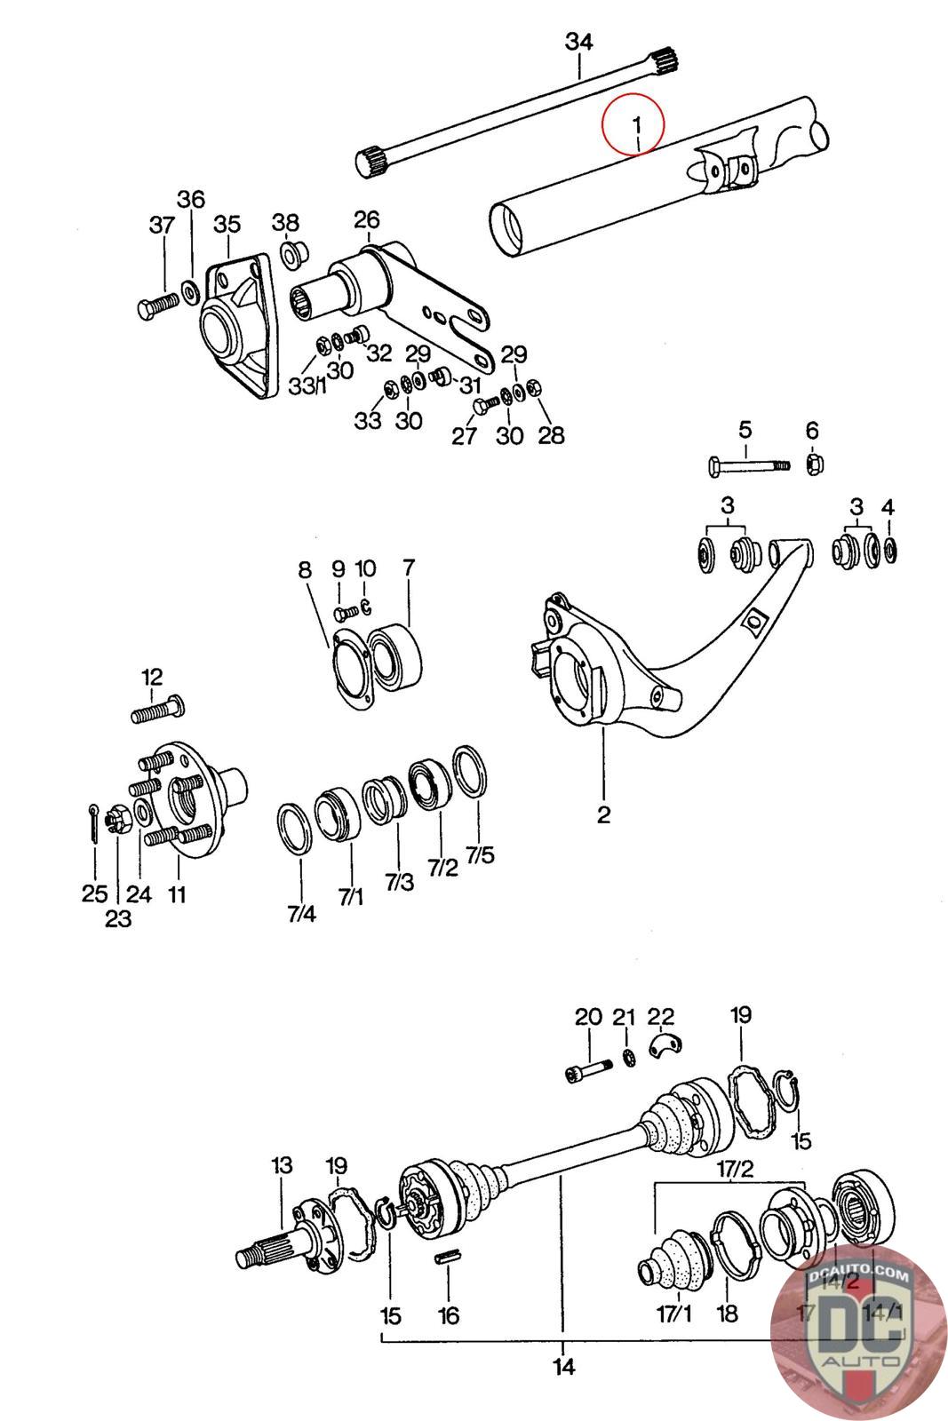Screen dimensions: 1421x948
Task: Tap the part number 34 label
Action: [x=579, y=42]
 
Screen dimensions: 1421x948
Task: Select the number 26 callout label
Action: [x=366, y=219]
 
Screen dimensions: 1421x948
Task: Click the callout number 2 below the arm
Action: [x=604, y=814]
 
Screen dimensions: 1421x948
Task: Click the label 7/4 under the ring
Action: [x=301, y=912]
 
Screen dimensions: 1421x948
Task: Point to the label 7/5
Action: [x=480, y=855]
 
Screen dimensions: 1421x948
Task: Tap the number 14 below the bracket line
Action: [x=563, y=1366]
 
